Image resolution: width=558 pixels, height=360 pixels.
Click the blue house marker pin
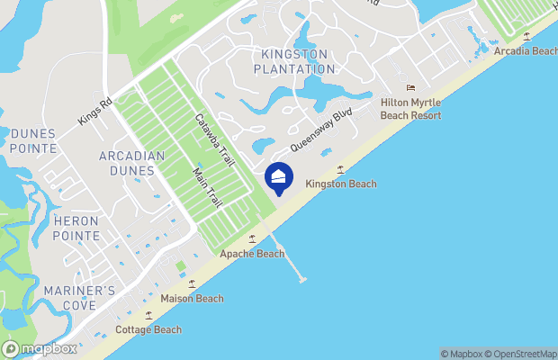click(x=279, y=177)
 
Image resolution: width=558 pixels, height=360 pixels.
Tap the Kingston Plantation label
click(x=294, y=61)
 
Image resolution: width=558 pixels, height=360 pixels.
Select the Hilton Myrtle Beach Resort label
click(x=411, y=109)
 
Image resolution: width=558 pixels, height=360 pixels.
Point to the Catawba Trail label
click(x=215, y=139)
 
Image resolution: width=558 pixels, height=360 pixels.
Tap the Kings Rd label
click(x=94, y=112)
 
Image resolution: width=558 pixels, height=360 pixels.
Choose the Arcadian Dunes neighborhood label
click(x=132, y=163)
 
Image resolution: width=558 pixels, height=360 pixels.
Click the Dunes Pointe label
click(x=33, y=140)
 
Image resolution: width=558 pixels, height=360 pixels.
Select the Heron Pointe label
click(x=76, y=228)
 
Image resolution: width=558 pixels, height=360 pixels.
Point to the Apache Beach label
click(x=252, y=254)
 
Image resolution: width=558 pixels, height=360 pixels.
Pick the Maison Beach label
click(x=192, y=298)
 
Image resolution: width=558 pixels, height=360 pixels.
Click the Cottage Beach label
click(x=148, y=329)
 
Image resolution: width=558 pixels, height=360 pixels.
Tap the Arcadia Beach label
click(x=525, y=51)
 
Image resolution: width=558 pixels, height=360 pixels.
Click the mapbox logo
click(x=40, y=348)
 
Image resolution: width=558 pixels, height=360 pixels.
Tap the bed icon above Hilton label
click(x=411, y=87)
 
